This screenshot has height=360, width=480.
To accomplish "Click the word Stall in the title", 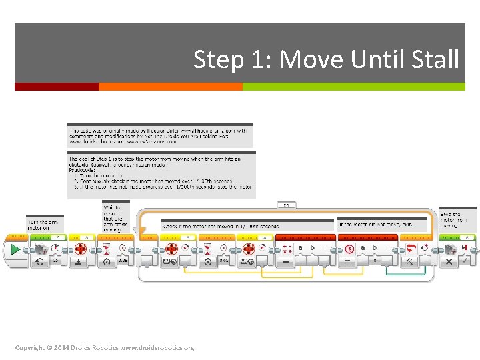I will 435,59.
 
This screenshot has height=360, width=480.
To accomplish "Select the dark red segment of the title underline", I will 56,87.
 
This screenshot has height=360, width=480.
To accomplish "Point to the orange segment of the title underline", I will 170,87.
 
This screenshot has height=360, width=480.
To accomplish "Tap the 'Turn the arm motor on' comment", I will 43,225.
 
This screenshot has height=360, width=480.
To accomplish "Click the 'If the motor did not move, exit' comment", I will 381,225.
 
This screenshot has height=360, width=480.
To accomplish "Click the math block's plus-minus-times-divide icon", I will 287,248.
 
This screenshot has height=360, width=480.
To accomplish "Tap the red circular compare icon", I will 349,248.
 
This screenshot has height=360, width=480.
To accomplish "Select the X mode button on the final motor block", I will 449,262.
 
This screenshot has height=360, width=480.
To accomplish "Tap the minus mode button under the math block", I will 287,262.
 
